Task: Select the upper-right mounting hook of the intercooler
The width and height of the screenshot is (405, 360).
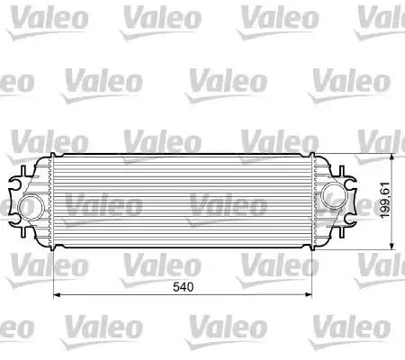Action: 347,170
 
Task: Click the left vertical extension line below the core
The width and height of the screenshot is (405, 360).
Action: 55,270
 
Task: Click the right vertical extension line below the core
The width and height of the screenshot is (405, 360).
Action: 310,270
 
